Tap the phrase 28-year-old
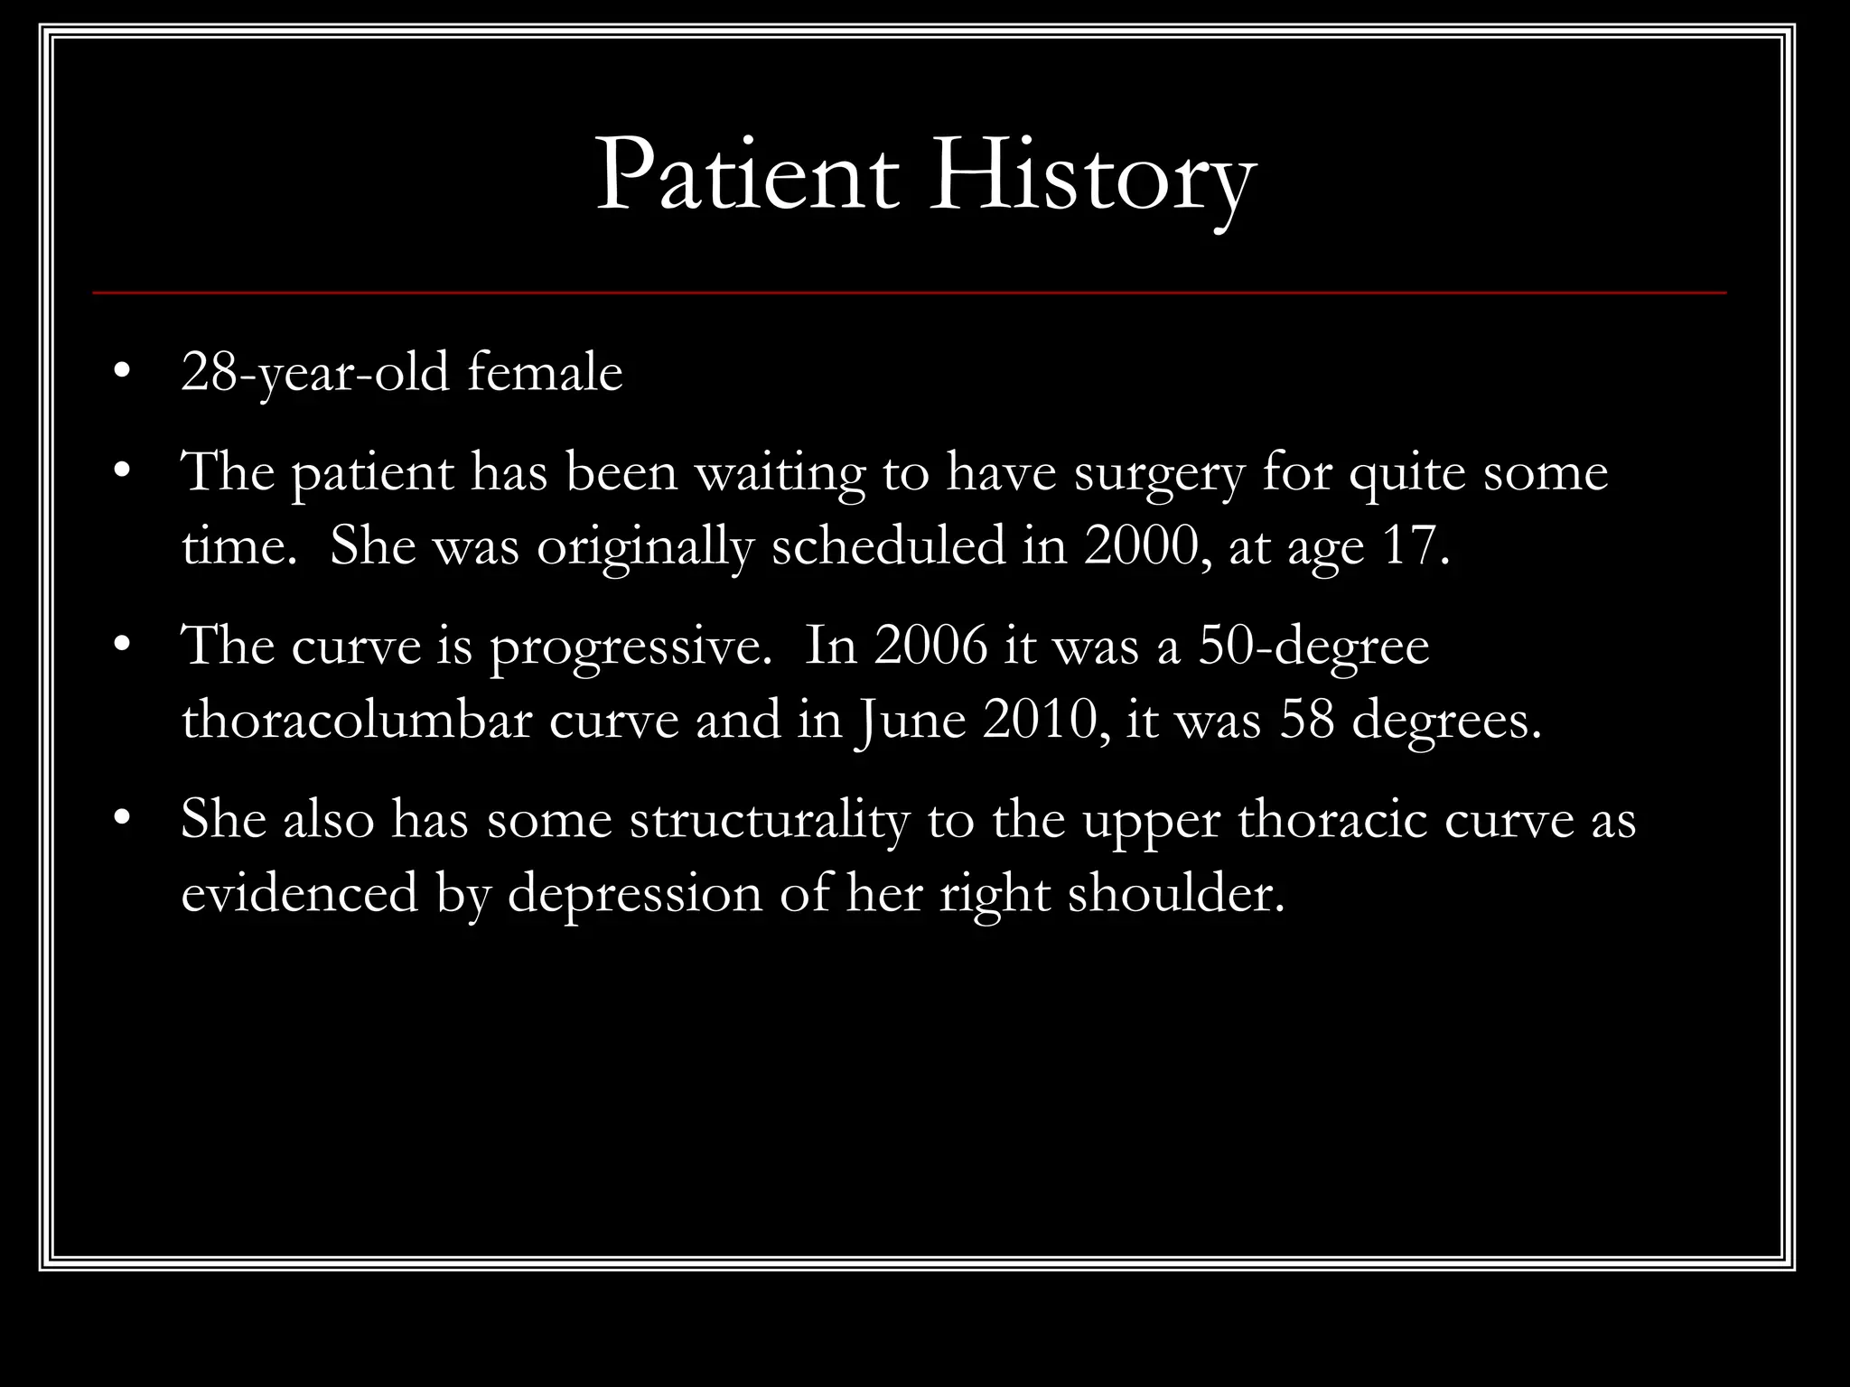coord(314,372)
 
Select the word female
coord(545,372)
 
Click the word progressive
coord(630,647)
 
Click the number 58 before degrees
coord(1306,721)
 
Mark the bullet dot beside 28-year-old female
coord(124,373)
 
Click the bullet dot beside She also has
coord(124,821)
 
